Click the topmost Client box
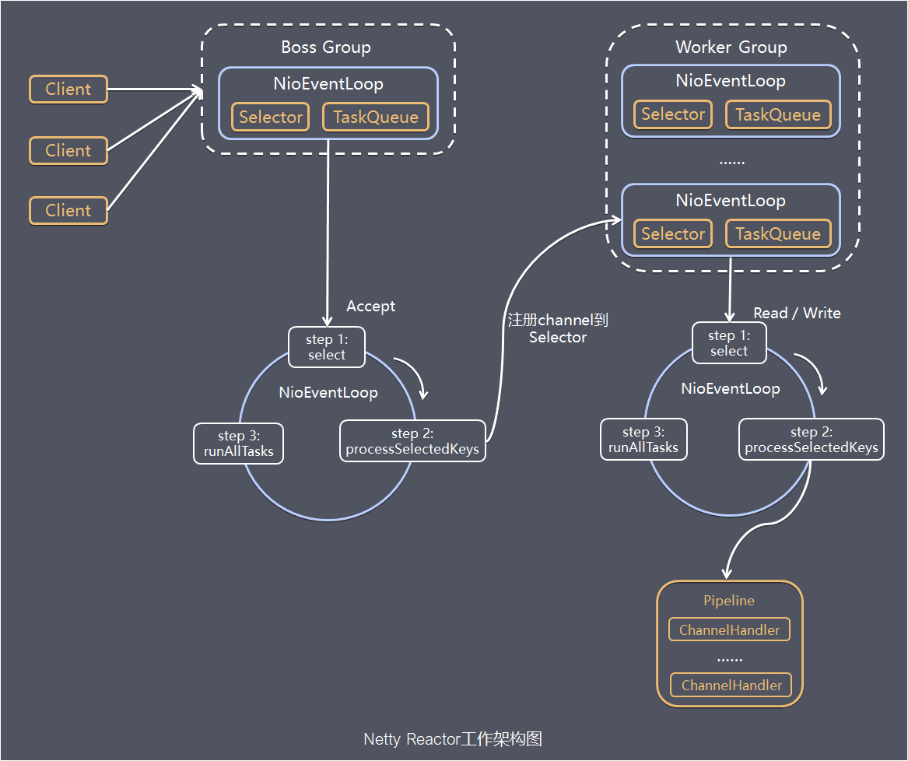click(68, 89)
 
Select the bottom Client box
click(68, 211)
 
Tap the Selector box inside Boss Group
click(271, 117)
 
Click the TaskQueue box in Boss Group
click(376, 117)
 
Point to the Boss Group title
click(326, 47)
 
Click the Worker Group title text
click(731, 47)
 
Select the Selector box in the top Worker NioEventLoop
click(673, 114)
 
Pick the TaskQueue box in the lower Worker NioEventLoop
click(778, 234)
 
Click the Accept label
click(370, 307)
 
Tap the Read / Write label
click(797, 313)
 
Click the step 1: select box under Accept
click(326, 347)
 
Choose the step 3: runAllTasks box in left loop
click(239, 444)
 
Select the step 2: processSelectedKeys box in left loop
click(412, 442)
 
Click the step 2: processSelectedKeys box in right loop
click(811, 440)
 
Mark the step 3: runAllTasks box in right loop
click(643, 440)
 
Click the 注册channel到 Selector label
click(557, 328)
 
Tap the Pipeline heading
click(729, 601)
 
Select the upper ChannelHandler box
click(729, 630)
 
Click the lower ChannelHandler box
click(731, 686)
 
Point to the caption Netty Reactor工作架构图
click(453, 738)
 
